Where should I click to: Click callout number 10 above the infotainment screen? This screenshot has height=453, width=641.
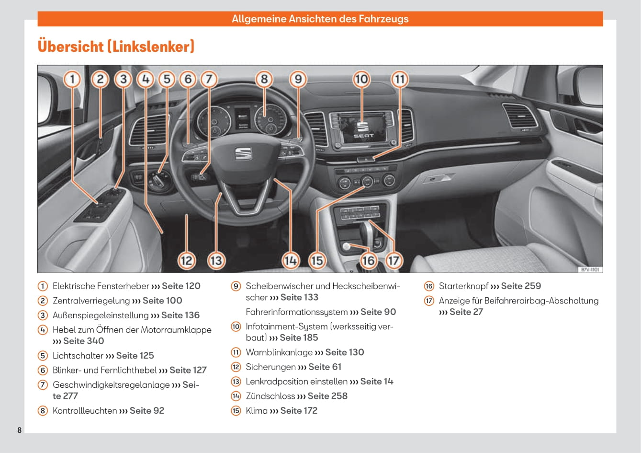361,79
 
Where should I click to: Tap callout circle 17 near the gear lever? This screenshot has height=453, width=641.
393,261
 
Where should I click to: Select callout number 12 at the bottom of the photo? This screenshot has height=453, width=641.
187,261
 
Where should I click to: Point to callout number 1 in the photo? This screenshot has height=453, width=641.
72,79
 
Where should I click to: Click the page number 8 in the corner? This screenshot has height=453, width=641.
20,430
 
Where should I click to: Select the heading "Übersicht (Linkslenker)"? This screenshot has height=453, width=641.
116,46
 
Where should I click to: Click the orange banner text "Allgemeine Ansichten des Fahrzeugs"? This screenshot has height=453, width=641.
320,19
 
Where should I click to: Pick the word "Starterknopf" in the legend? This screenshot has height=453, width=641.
463,286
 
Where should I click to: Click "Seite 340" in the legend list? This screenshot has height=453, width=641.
84,341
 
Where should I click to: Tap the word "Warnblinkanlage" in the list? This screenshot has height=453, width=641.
279,352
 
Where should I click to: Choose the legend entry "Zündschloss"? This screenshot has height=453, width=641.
270,396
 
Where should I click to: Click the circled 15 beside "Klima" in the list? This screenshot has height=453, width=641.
236,411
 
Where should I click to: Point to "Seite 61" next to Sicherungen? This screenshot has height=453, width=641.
325,367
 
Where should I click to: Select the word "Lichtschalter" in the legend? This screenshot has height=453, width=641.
78,356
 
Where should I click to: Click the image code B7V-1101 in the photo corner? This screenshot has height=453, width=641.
590,270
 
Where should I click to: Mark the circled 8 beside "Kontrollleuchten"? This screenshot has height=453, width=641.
43,411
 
